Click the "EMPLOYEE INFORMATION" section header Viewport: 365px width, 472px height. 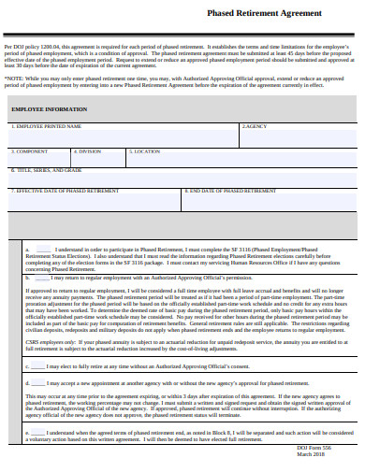(x=50, y=109)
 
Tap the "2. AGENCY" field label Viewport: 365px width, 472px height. (x=255, y=125)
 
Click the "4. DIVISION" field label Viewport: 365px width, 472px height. (x=85, y=150)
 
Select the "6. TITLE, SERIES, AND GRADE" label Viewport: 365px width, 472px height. (x=48, y=170)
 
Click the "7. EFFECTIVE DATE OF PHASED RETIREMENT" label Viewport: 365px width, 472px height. (x=66, y=191)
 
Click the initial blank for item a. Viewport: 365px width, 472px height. (x=43, y=250)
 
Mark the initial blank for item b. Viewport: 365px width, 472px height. (x=43, y=277)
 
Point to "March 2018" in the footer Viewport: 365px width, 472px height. (x=311, y=455)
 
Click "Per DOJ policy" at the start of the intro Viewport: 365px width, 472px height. (x=20, y=47)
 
